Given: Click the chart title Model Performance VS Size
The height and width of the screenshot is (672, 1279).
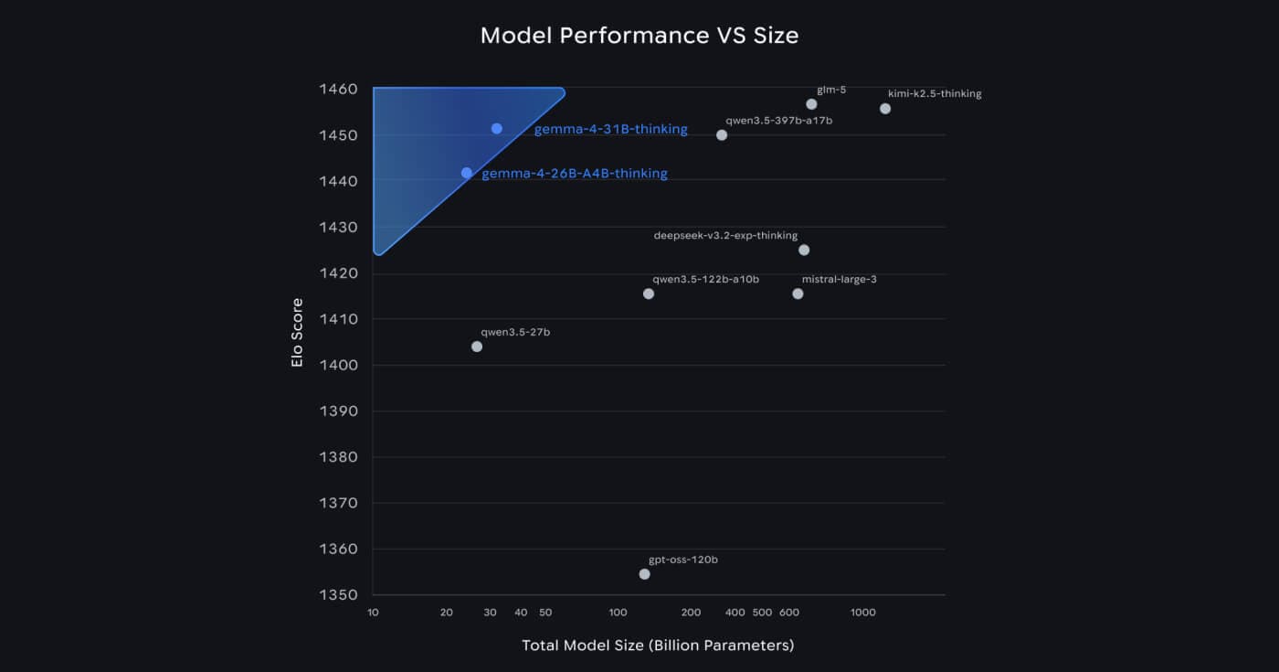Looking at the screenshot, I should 639,36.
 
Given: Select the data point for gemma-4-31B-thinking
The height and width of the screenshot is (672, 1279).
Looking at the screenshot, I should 497,129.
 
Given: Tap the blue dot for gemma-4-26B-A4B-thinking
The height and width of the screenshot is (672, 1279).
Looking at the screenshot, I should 467,173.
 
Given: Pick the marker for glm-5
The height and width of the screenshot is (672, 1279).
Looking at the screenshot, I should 811,104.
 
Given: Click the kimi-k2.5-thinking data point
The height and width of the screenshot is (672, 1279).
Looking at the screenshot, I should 885,109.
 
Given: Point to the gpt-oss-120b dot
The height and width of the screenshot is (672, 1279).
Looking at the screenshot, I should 645,574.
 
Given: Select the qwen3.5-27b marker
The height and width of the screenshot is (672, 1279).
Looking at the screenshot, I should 477,347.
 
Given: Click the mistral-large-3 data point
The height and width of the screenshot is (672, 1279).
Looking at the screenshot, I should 798,293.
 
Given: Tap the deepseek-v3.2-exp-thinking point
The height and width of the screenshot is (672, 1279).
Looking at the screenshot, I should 804,250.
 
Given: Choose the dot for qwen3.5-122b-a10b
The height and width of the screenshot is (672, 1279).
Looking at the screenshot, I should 649,293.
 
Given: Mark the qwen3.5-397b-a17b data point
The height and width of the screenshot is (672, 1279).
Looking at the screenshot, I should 722,135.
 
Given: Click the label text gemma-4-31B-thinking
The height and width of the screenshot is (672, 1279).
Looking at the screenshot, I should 610,130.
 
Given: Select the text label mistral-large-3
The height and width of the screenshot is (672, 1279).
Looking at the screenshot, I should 839,279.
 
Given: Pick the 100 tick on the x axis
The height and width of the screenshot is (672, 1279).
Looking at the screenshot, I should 618,612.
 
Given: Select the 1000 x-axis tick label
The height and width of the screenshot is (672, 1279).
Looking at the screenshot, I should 863,612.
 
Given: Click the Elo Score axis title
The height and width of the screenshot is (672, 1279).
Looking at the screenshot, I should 297,333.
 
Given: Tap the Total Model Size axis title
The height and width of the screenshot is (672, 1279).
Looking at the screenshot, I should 658,645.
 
